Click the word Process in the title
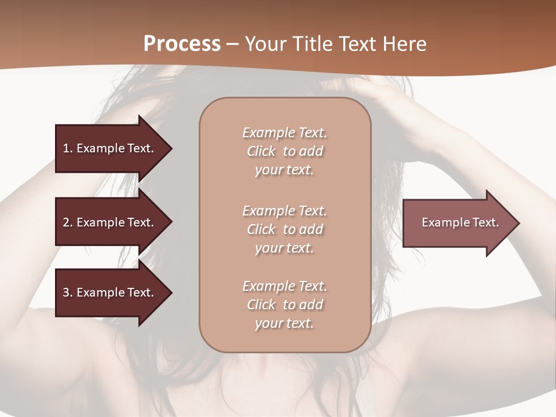pos(182,43)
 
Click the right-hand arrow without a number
pos(458,223)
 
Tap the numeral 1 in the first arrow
pos(66,148)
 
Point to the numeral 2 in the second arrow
pos(66,222)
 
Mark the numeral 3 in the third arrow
pos(66,292)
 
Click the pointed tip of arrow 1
pos(170,148)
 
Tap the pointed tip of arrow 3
pos(170,292)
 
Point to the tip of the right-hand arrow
pos(518,223)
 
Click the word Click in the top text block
pos(261,151)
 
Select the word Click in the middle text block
pos(261,229)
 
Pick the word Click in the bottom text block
pos(261,305)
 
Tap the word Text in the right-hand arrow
pos(485,222)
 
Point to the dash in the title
pos(233,44)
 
